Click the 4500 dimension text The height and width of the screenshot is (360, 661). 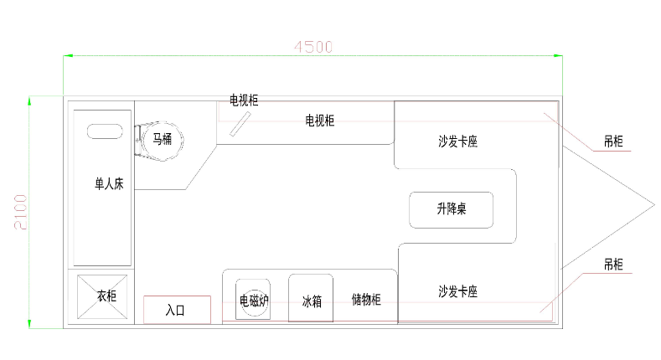pos(313,47)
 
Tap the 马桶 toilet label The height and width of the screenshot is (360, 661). pos(162,139)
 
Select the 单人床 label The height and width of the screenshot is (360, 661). pos(109,184)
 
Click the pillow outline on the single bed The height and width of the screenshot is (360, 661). pos(104,132)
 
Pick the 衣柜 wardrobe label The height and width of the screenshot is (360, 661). pos(106,296)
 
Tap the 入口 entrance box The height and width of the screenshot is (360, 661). pos(175,310)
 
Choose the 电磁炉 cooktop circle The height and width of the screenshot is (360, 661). pos(253,300)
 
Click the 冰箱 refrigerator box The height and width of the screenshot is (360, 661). pos(311,298)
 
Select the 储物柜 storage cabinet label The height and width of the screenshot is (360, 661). pos(366,299)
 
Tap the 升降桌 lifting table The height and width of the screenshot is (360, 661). pos(451,210)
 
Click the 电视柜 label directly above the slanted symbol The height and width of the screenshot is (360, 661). pos(243,100)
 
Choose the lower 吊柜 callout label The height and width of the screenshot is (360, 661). pos(613,265)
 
